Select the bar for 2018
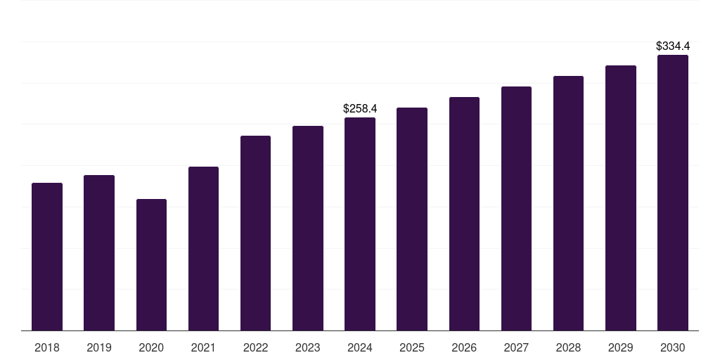click(x=47, y=257)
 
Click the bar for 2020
click(x=152, y=265)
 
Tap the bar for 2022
click(x=255, y=233)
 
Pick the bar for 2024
click(x=360, y=224)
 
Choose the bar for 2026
click(x=464, y=214)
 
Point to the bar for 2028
click(x=568, y=203)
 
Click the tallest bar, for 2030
click(x=673, y=193)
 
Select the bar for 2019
click(x=99, y=253)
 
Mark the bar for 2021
click(x=203, y=249)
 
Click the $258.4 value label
click(x=360, y=109)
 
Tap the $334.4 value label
click(x=673, y=46)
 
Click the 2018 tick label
click(x=47, y=348)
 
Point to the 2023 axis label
click(x=308, y=348)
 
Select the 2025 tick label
click(x=412, y=348)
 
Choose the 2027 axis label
click(x=516, y=348)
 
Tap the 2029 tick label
click(x=620, y=348)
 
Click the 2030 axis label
click(x=673, y=348)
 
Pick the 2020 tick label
click(x=152, y=348)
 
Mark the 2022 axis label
click(x=255, y=348)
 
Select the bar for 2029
click(x=621, y=198)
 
